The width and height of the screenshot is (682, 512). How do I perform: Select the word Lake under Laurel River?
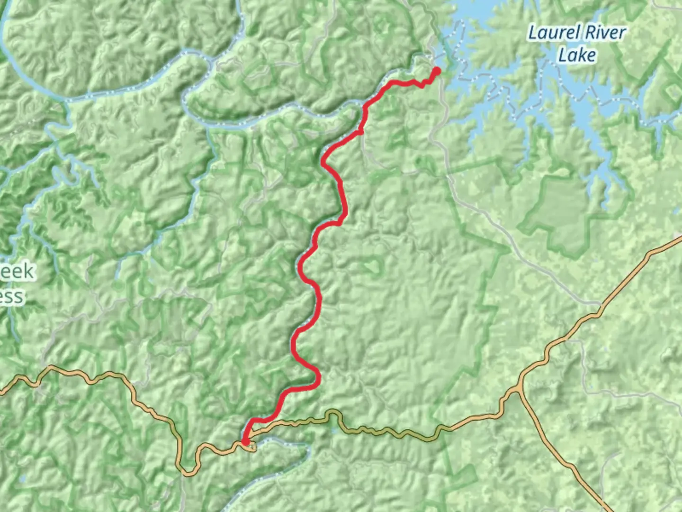pos(577,55)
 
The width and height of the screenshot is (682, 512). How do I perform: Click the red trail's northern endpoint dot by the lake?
pos(436,71)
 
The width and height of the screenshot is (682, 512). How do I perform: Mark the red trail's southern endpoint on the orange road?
pos(245,442)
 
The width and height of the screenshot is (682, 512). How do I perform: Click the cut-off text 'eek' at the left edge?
pos(17,272)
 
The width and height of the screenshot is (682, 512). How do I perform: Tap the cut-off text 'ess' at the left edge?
pos(11,297)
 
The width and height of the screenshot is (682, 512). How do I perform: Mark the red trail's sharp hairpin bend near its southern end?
pos(318,378)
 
